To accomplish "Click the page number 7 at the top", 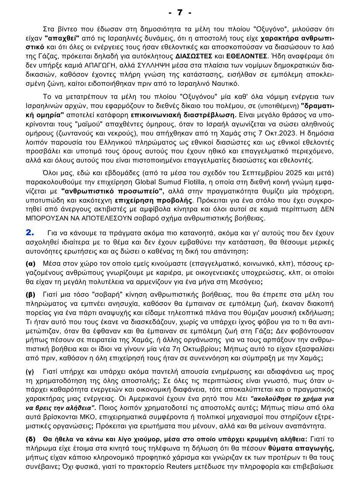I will point(180,13).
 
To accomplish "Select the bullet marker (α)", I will point(30,264).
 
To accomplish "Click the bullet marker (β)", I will point(30,294).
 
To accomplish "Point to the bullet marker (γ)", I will point(30,371).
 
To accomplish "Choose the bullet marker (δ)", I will point(30,439).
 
